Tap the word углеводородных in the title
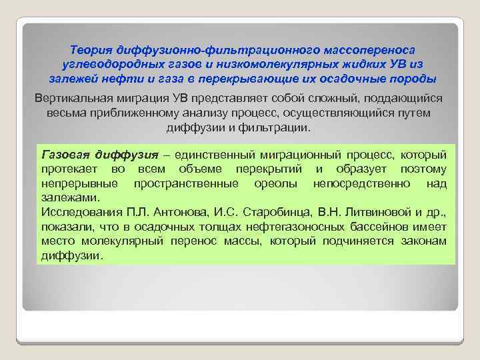[x=108, y=64]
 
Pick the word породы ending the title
[x=413, y=79]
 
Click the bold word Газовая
[x=65, y=154]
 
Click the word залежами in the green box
[x=69, y=197]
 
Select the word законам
[x=423, y=241]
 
